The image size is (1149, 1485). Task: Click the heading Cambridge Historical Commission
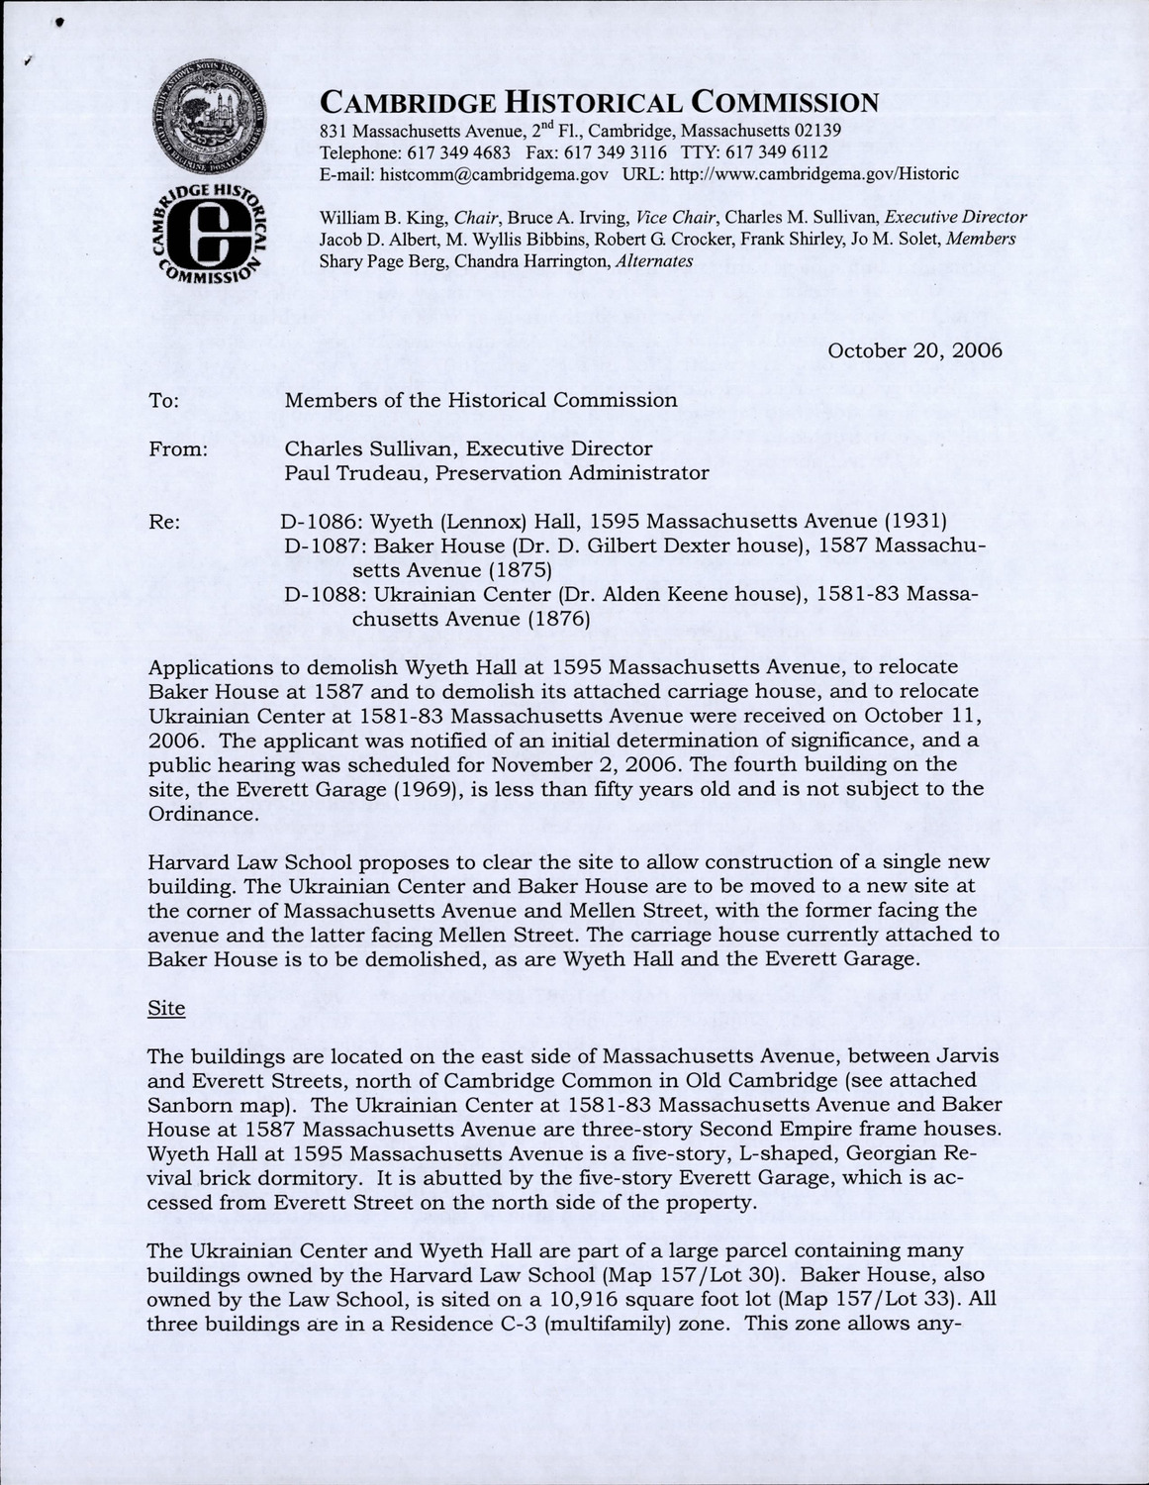point(599,102)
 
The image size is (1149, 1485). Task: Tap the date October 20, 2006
point(914,350)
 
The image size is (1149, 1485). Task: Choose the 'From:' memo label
point(177,449)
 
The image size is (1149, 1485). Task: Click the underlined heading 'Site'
point(166,1008)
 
